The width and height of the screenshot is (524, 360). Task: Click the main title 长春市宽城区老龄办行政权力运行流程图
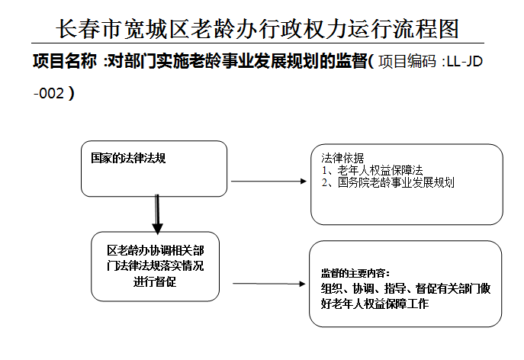[x=257, y=29]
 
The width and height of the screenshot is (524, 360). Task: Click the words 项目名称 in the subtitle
[x=65, y=61]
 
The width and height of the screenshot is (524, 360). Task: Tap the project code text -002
[x=49, y=93]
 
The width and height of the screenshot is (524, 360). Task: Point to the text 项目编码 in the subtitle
[x=407, y=61]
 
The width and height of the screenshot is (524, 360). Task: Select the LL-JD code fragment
[x=465, y=62]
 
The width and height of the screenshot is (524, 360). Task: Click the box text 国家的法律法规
[x=128, y=158]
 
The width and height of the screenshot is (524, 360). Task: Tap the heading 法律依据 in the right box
[x=342, y=158]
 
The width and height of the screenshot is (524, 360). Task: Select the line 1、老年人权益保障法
[x=372, y=170]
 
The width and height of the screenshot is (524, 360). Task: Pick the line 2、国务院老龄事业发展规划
[x=387, y=182]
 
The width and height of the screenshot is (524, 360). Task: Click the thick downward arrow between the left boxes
[x=157, y=214]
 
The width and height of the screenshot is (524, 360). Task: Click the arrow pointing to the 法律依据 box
[x=268, y=182]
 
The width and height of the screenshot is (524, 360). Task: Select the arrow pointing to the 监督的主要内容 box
[x=269, y=284]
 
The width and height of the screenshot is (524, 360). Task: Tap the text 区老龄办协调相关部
[x=156, y=250]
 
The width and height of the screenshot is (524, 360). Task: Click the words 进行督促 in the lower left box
[x=155, y=281]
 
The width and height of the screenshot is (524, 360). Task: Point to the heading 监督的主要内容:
[x=355, y=273]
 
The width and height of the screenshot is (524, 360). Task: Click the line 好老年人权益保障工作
[x=375, y=304]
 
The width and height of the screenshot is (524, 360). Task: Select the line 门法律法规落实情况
[x=156, y=265]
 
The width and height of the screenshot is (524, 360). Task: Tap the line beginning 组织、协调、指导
[x=406, y=288]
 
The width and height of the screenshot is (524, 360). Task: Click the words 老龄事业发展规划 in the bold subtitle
[x=237, y=61]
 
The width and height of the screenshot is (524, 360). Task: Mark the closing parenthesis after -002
[x=71, y=93]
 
